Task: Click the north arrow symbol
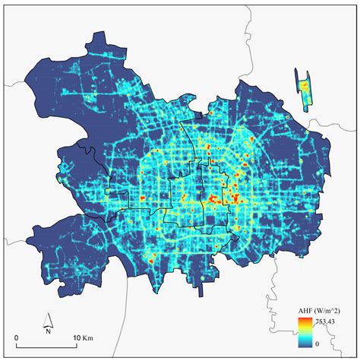tap(46, 319)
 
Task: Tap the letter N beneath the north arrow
tap(46, 331)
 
